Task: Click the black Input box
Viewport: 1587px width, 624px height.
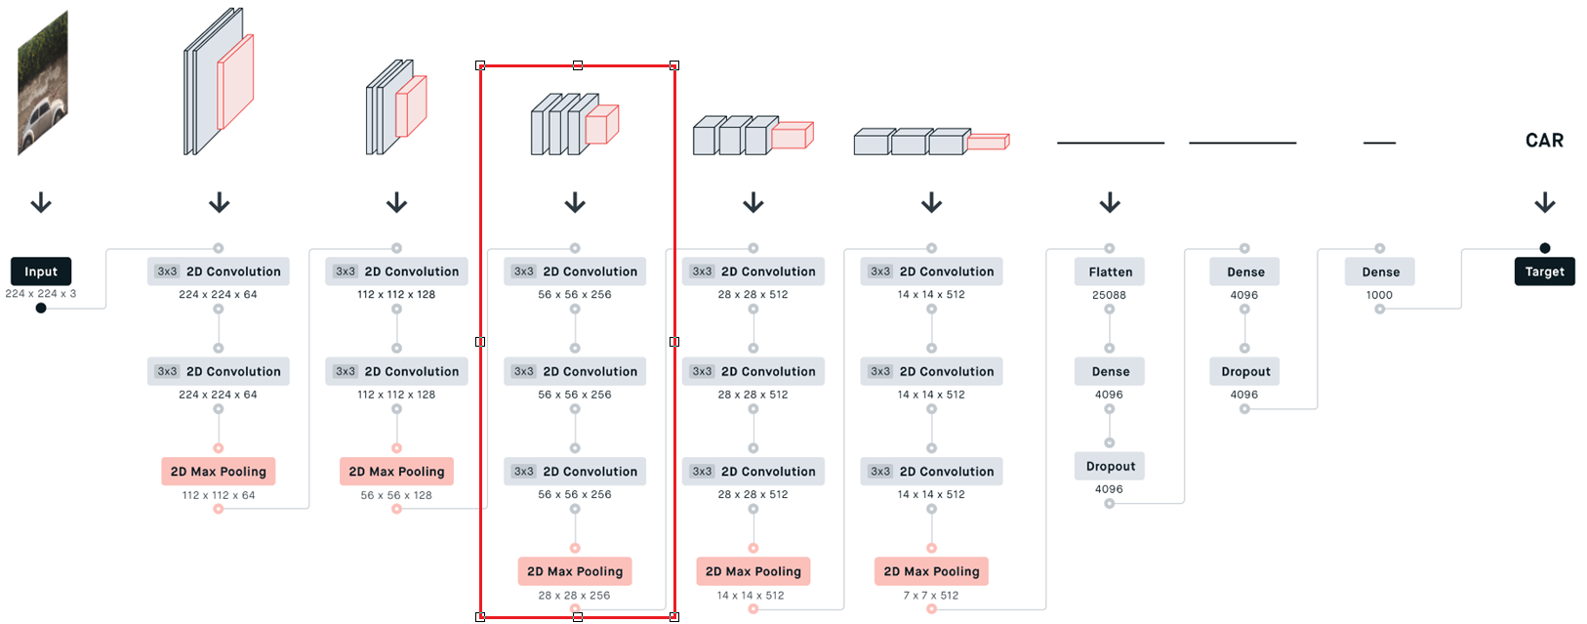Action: (x=41, y=271)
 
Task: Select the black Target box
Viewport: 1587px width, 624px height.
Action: (x=1544, y=271)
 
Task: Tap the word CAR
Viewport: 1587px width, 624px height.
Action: (x=1544, y=141)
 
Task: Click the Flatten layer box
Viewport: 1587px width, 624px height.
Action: (x=1110, y=271)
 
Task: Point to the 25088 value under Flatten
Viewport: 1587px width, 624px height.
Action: (x=1109, y=295)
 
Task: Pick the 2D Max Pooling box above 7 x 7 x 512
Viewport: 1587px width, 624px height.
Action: (x=931, y=571)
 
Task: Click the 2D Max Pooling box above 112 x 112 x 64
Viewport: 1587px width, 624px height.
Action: (x=219, y=472)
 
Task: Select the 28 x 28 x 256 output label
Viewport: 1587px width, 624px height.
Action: (x=574, y=595)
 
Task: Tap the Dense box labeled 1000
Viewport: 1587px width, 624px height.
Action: (x=1380, y=271)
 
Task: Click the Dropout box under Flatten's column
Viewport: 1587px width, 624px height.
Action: (x=1110, y=467)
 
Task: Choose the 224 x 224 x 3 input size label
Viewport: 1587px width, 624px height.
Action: (x=41, y=293)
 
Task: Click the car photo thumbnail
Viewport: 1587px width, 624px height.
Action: (x=43, y=83)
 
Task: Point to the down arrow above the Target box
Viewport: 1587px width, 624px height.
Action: (x=1544, y=203)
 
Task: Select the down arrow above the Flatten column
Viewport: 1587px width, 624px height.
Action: (x=1110, y=203)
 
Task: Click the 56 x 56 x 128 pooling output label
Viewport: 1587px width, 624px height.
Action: (x=396, y=495)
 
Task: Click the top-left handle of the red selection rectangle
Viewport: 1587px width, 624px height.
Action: (x=480, y=65)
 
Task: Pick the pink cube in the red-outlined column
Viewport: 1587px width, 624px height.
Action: (x=601, y=125)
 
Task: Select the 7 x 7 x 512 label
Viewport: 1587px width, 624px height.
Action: (x=931, y=595)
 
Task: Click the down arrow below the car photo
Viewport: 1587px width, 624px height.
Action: (x=41, y=203)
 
